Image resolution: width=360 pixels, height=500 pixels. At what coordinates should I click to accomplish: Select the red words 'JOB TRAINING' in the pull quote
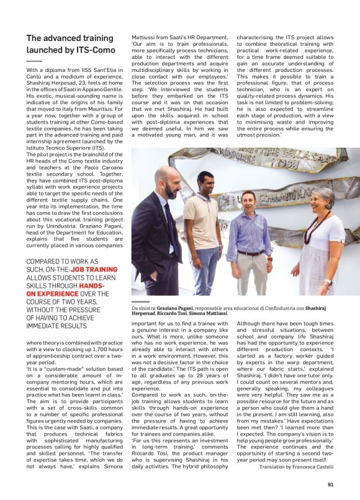94,270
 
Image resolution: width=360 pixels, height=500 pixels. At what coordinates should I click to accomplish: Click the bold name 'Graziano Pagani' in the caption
175,308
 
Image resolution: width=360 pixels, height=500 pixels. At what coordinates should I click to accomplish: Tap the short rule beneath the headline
34,61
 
